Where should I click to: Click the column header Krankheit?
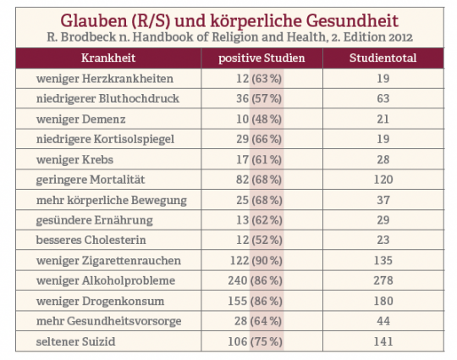point(108,58)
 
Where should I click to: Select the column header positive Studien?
point(262,58)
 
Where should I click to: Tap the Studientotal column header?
point(383,58)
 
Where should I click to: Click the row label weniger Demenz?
point(80,119)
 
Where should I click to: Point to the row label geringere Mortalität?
point(91,180)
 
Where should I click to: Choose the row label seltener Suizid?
point(76,341)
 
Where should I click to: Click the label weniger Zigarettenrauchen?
point(108,261)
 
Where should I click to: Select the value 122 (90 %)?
point(256,261)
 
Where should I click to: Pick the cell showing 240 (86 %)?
point(255,280)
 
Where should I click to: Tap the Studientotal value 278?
point(383,280)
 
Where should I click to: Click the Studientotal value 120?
point(383,180)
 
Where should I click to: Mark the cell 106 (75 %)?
point(255,341)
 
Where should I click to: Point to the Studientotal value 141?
point(383,341)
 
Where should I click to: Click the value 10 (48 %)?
point(259,119)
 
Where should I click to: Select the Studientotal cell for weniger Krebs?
point(383,159)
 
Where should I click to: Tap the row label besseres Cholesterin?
point(91,240)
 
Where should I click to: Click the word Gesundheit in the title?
point(352,20)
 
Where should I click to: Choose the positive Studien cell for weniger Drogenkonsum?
point(255,301)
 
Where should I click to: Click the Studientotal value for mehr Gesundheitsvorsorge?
point(383,321)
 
